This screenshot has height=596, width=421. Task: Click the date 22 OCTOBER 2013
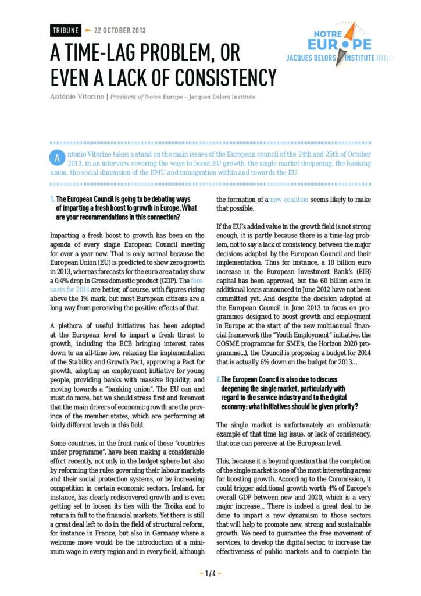click(x=119, y=30)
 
